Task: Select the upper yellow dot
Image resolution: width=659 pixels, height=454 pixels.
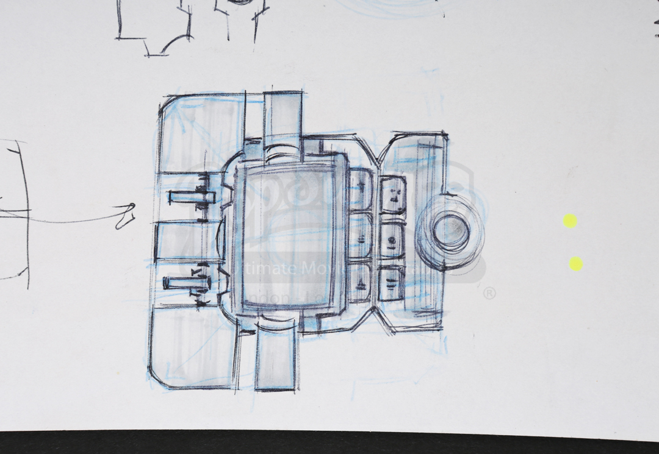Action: click(x=570, y=221)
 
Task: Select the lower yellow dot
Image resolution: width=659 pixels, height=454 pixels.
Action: click(x=575, y=264)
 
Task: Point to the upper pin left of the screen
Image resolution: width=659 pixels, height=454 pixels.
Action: click(x=190, y=197)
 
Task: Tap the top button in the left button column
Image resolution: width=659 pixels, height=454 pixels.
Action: click(x=361, y=189)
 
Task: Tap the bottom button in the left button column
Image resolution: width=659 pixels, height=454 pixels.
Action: click(x=360, y=282)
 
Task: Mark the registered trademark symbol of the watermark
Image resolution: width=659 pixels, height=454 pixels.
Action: click(x=489, y=294)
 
